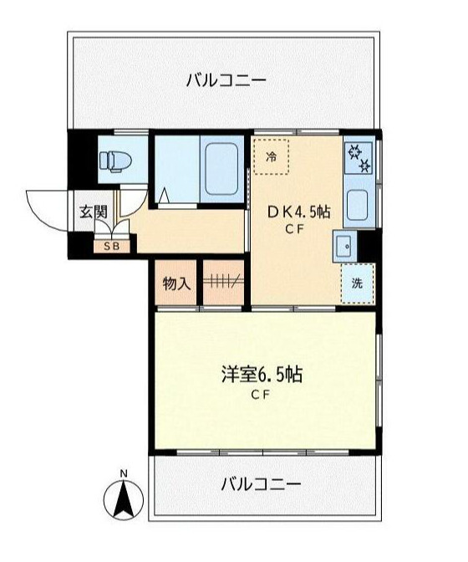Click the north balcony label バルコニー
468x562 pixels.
pyautogui.click(x=226, y=81)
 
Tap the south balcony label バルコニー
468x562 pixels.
pyautogui.click(x=261, y=483)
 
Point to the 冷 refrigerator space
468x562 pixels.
pyautogui.click(x=271, y=156)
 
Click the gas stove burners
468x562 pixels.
pyautogui.click(x=359, y=156)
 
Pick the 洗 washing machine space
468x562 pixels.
pyautogui.click(x=357, y=283)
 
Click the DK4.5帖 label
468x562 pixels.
pyautogui.click(x=298, y=212)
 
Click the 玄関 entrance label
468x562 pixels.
pyautogui.click(x=94, y=212)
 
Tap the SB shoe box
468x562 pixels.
pyautogui.click(x=112, y=246)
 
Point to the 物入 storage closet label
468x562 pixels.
pyautogui.click(x=175, y=284)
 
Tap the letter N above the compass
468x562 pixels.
pyautogui.click(x=124, y=474)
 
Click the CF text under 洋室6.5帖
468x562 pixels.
pyautogui.click(x=261, y=396)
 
